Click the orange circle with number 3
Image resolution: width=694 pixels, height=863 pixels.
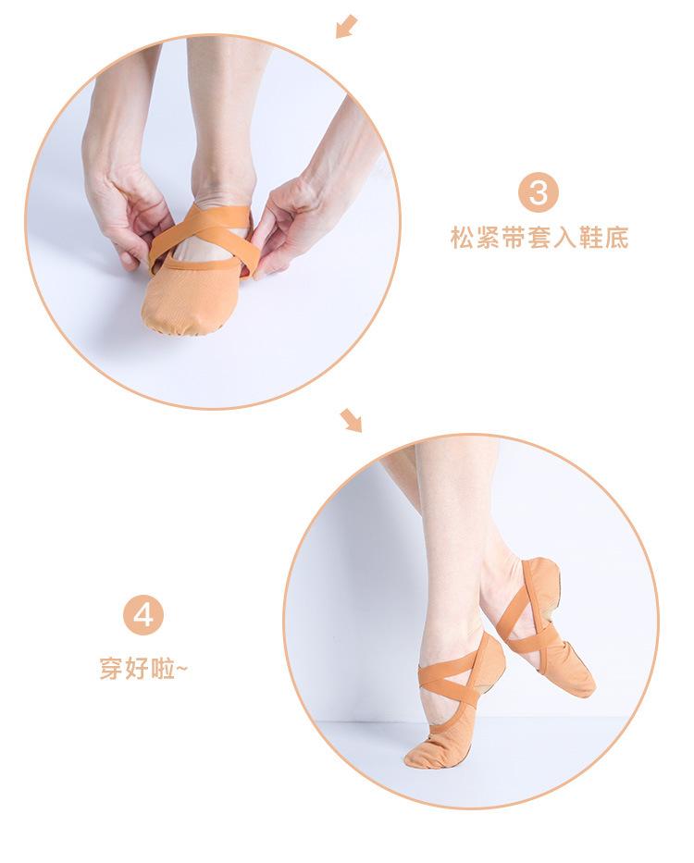pyautogui.click(x=539, y=193)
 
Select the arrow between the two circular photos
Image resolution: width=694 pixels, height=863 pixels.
pyautogui.click(x=351, y=421)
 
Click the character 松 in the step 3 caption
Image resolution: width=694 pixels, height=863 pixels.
pyautogui.click(x=461, y=239)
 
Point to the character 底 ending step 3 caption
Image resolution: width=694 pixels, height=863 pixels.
pyautogui.click(x=617, y=239)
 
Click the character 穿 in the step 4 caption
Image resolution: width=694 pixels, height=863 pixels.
pyautogui.click(x=110, y=667)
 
